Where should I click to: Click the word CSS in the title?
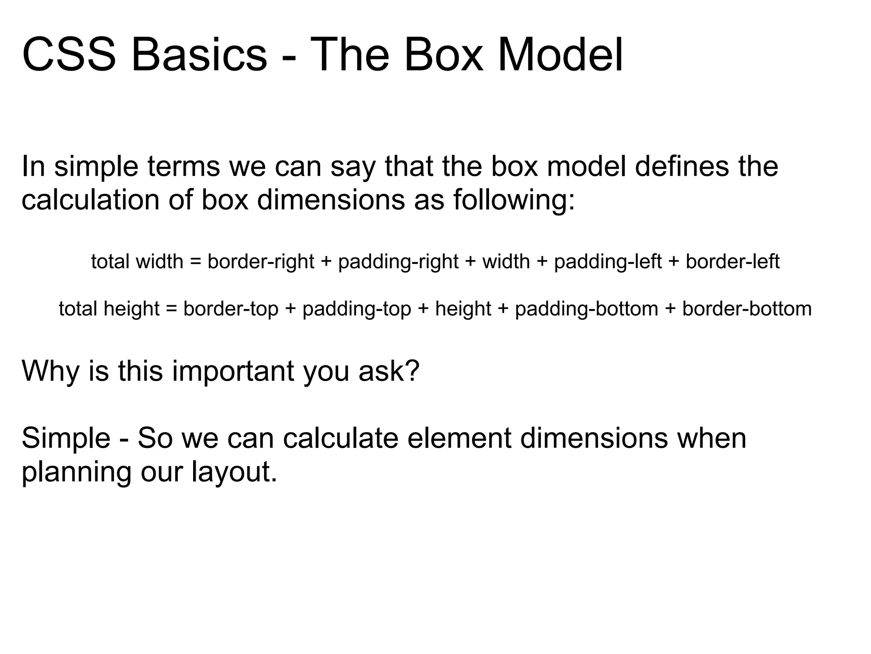68,55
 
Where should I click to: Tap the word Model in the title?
560,55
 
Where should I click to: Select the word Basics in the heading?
199,55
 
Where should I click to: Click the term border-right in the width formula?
260,262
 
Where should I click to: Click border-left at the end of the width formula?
732,262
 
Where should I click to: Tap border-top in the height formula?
231,309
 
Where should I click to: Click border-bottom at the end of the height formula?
747,309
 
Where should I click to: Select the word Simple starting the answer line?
66,439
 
